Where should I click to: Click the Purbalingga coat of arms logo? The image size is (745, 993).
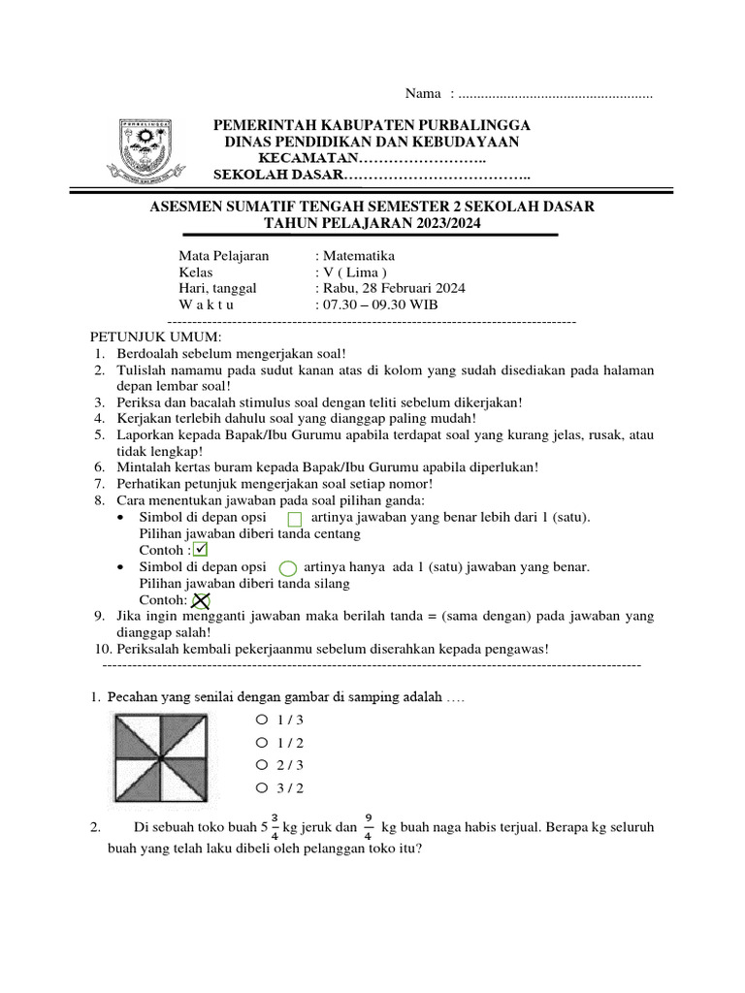click(x=151, y=152)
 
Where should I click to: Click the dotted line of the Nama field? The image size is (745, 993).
click(x=555, y=94)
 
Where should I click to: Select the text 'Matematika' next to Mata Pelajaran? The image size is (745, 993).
click(x=358, y=256)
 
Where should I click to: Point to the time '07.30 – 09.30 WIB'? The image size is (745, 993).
click(x=382, y=304)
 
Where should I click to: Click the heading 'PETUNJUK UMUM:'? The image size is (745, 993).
click(x=156, y=336)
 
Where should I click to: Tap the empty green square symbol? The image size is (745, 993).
click(x=295, y=519)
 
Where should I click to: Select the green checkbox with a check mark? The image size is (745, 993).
click(x=202, y=550)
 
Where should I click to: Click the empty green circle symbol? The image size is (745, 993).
click(x=287, y=568)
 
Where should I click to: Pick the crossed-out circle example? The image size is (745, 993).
click(x=202, y=601)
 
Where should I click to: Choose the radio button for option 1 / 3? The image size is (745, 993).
click(x=261, y=720)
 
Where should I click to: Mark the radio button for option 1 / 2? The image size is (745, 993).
click(x=261, y=742)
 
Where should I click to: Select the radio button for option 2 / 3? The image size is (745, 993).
click(x=261, y=765)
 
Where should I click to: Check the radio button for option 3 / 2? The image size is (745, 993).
click(x=261, y=787)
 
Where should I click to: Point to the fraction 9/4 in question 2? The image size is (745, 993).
click(x=370, y=827)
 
